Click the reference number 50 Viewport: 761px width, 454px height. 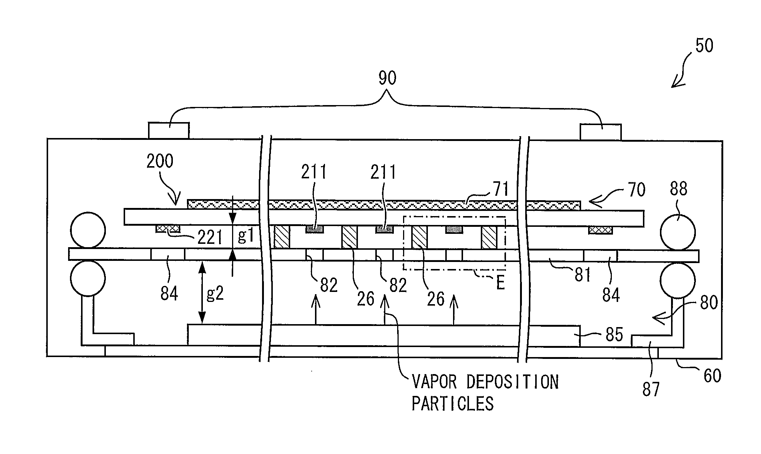[x=704, y=46]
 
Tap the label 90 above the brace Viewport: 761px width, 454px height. [x=387, y=78]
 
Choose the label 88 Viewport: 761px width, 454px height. [x=678, y=189]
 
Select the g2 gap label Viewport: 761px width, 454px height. [x=215, y=293]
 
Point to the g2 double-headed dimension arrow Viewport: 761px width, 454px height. [x=202, y=292]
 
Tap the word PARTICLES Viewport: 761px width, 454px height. [x=453, y=403]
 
